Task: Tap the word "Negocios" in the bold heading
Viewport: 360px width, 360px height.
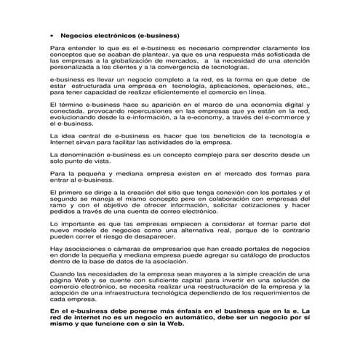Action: (x=76, y=34)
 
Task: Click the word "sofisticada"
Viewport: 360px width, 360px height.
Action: (x=289, y=55)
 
